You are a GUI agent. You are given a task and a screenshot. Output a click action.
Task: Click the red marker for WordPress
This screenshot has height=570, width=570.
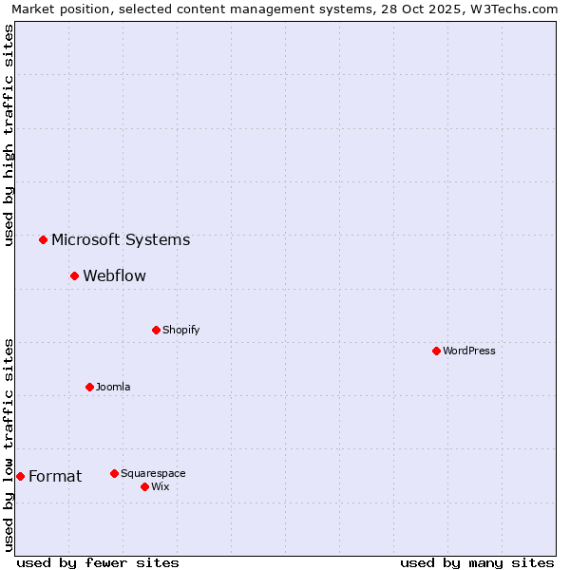point(436,351)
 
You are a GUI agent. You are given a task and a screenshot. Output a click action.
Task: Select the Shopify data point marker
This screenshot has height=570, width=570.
point(156,330)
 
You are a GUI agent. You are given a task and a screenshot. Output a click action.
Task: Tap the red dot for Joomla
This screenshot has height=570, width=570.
point(89,387)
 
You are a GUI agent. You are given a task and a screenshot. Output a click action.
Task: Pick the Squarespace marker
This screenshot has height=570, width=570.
point(114,473)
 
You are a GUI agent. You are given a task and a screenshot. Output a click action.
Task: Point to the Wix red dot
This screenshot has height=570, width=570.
point(144,486)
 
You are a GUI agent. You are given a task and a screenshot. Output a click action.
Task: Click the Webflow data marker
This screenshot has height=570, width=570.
point(74,275)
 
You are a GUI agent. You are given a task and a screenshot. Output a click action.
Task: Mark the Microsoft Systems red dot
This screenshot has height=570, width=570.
point(43,239)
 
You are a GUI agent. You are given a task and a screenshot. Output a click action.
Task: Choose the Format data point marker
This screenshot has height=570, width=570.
point(20,476)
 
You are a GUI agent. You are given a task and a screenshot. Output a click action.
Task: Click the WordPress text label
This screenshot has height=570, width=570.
point(469,351)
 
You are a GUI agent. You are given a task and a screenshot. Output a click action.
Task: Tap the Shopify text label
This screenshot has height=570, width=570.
point(181,330)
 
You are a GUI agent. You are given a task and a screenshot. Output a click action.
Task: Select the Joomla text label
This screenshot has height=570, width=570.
point(113,387)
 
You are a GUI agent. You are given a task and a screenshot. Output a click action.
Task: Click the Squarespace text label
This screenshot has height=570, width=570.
point(153,473)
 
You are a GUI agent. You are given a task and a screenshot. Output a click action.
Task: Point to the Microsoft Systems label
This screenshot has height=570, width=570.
point(121,239)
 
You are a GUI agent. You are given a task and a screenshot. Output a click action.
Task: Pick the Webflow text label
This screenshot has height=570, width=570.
point(114,275)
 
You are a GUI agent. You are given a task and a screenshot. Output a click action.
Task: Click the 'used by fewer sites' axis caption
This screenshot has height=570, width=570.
point(98,562)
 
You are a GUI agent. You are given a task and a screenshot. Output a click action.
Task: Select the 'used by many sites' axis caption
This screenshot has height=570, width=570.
point(477,562)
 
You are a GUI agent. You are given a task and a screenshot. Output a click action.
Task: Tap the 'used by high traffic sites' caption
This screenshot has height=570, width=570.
point(9,135)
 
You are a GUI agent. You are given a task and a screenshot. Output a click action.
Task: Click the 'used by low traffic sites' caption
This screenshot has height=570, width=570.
point(9,445)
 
